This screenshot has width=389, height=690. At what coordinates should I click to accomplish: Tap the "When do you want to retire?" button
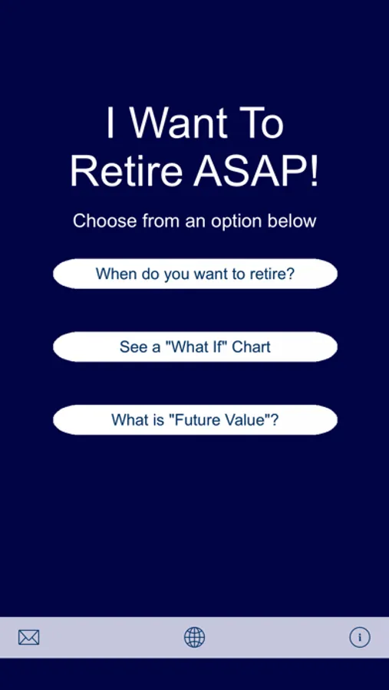tap(195, 274)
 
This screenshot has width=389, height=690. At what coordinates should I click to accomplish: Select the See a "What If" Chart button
tap(195, 347)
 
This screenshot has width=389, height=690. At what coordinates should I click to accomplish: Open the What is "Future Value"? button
tap(195, 420)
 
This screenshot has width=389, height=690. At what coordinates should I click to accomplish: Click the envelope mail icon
tap(28, 637)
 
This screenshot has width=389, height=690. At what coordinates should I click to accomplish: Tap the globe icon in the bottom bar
tap(194, 637)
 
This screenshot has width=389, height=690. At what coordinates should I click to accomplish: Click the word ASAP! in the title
tap(255, 172)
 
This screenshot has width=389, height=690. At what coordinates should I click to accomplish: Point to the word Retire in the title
tap(126, 172)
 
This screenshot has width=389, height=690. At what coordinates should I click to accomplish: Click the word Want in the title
tap(180, 123)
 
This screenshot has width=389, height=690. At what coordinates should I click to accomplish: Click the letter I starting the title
tap(110, 123)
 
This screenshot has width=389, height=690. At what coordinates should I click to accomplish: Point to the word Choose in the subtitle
tap(105, 221)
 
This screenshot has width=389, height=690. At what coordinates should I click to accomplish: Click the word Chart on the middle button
tap(251, 347)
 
